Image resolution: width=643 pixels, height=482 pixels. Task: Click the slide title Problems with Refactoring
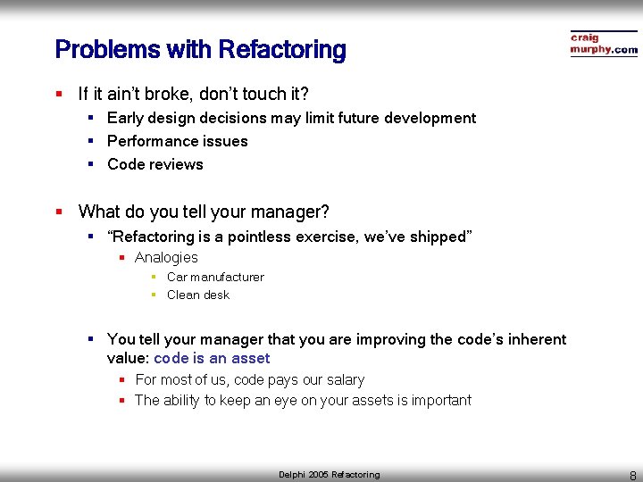coord(200,49)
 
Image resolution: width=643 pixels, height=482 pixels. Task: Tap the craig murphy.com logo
coord(604,44)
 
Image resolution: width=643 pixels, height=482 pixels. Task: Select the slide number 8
coord(632,475)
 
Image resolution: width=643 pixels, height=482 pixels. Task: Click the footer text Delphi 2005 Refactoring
coord(329,475)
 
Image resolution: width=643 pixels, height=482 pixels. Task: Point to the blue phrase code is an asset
coord(212,358)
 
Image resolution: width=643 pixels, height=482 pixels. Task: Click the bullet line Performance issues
coord(177,141)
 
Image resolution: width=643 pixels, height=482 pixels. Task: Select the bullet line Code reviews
coord(154,164)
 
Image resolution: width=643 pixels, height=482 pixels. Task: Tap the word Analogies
coord(166,257)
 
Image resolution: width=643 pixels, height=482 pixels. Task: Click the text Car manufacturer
coord(215,277)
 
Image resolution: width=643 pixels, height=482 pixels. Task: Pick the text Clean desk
coord(197,295)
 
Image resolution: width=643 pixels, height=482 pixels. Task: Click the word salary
coord(343,379)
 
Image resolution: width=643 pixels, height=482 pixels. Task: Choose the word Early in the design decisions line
coord(125,118)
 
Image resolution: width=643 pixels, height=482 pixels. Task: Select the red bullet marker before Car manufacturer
coord(154,277)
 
